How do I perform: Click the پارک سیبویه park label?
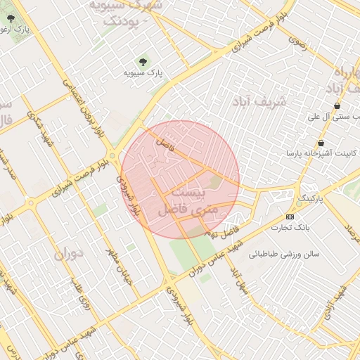pos(143,73)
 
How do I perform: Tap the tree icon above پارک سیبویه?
pos(144,62)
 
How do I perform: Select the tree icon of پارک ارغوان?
pos(9,19)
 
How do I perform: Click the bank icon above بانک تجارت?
pos(290,217)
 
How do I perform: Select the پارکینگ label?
pos(314,199)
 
